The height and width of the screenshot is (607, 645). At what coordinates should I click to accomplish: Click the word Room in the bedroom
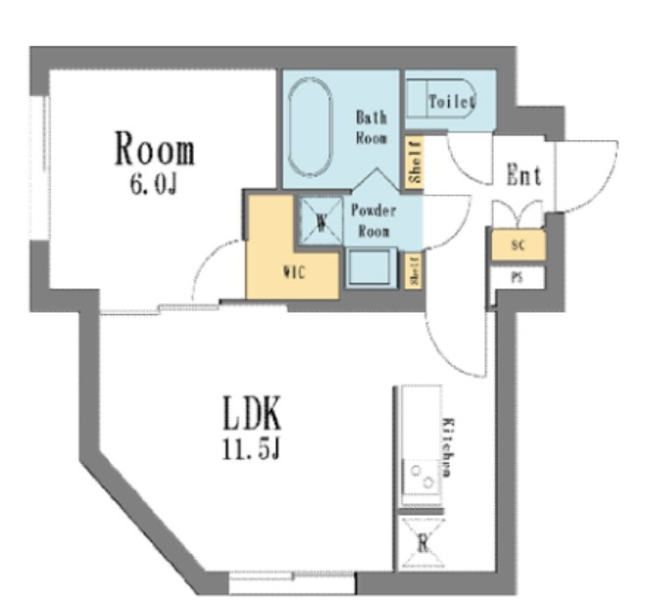155,151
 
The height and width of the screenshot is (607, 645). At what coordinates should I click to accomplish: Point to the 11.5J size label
250,450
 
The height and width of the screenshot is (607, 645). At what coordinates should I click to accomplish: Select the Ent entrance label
523,177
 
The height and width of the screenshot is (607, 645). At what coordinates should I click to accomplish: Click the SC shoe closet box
518,244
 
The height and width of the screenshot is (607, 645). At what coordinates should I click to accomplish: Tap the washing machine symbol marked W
321,220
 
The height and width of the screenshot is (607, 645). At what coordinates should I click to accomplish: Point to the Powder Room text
373,221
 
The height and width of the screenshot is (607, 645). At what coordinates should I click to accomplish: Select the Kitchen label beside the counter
448,445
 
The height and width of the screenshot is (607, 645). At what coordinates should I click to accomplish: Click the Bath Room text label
371,126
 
